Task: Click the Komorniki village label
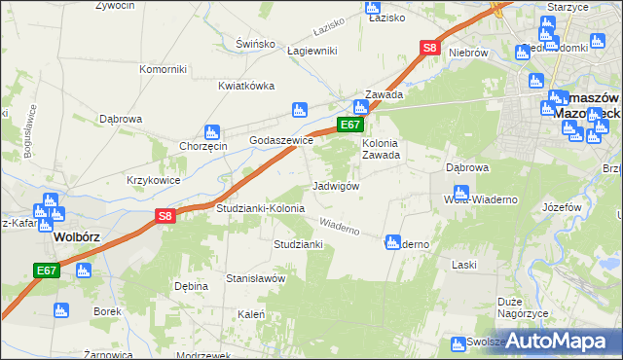163,69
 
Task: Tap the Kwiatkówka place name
242,86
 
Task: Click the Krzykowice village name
153,180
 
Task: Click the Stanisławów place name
255,278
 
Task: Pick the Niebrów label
467,53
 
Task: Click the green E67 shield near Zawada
350,125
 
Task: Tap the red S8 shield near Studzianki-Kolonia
165,217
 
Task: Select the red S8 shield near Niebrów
429,47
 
